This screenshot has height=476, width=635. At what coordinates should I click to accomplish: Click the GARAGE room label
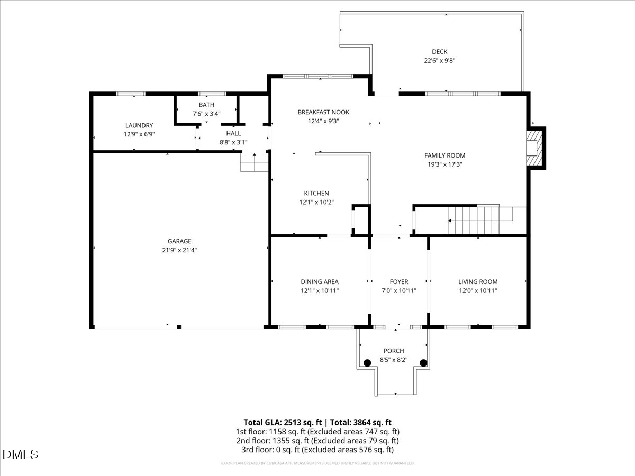[179, 241]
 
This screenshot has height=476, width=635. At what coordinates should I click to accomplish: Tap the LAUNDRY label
[139, 125]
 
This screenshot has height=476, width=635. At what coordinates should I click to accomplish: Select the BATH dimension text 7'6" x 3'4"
[206, 114]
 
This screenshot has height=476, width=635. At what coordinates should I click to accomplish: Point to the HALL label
[233, 133]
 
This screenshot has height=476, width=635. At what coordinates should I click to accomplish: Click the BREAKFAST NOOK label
[323, 112]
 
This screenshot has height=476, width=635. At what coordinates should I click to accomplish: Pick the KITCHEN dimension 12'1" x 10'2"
[316, 202]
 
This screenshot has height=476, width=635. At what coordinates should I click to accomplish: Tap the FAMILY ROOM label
[445, 155]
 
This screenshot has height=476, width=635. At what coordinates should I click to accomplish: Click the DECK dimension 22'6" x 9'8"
[440, 61]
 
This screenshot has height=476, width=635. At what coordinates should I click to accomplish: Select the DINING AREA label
[320, 282]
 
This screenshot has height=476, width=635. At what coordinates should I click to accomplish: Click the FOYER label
[399, 282]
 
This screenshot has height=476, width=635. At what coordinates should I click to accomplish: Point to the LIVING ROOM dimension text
[478, 291]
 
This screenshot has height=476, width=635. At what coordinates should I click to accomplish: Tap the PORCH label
[394, 351]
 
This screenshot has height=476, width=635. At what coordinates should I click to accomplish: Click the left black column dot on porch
[367, 363]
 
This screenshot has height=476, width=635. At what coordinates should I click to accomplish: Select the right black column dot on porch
[423, 363]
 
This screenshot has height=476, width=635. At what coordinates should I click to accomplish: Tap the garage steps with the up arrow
[255, 162]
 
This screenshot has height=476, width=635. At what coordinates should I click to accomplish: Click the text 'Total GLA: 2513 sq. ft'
[283, 423]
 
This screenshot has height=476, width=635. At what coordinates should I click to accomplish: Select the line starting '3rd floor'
[317, 450]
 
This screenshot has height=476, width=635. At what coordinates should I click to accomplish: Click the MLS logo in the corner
[20, 455]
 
